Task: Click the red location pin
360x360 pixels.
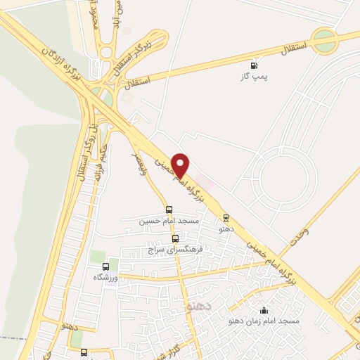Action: (x=181, y=164)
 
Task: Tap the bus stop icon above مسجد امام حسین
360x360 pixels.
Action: (x=169, y=209)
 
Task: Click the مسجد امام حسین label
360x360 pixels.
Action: (x=169, y=220)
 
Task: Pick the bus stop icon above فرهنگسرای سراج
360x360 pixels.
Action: (x=175, y=238)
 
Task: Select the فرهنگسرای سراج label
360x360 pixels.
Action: (x=176, y=249)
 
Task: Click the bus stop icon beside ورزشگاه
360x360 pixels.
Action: (x=105, y=266)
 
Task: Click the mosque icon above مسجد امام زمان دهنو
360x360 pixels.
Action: (x=264, y=310)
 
